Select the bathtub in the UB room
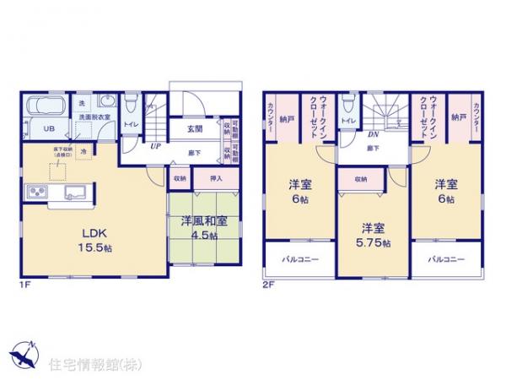[49, 109]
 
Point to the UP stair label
[156, 146]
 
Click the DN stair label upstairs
[372, 133]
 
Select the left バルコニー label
[300, 259]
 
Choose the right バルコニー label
[445, 259]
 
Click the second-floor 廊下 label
[372, 148]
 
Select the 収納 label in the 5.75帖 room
[360, 179]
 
